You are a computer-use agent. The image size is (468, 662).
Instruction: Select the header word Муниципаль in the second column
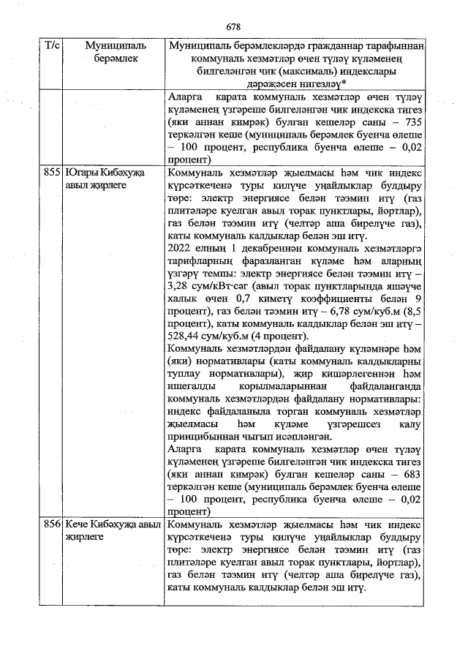[x=105, y=46]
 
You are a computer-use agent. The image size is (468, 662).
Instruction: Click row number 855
[x=51, y=173]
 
